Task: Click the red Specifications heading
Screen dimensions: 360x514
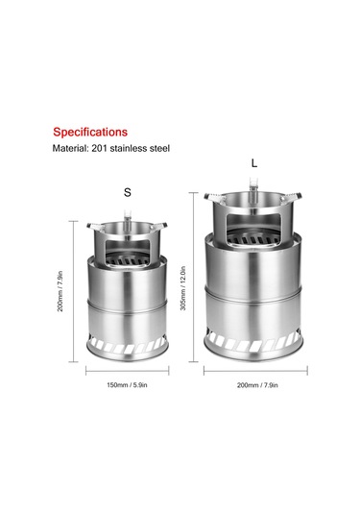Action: coord(90,133)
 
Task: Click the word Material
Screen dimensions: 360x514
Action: coord(70,149)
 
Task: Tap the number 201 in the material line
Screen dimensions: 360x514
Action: coord(100,149)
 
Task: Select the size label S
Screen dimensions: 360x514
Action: coord(128,192)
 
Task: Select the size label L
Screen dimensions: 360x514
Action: coord(254,163)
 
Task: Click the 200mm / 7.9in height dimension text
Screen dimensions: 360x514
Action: coord(60,291)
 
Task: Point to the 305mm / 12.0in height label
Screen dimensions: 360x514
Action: coord(183,288)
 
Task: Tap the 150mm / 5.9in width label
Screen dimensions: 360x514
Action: coord(127,385)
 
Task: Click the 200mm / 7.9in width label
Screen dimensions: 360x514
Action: coord(257,385)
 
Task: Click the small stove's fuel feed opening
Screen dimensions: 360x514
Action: coord(127,252)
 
